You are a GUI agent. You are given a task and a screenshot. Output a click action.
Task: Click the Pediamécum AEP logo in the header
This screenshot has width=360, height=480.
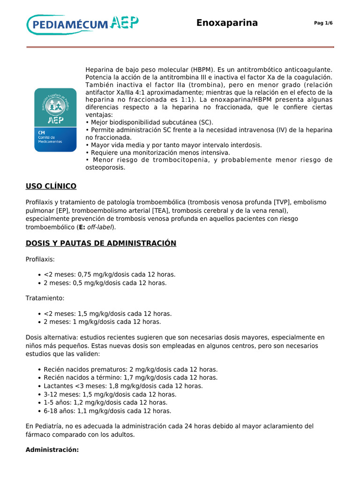coord(82,24)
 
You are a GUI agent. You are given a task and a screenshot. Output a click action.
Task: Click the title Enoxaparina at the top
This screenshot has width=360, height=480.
coord(227,23)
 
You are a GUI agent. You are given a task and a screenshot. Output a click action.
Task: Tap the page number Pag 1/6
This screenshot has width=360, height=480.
coord(323,23)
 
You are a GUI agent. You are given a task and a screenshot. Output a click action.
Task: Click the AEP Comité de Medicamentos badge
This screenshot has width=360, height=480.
coord(55,120)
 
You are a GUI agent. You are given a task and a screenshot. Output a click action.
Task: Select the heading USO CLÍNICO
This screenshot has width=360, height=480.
coord(51,187)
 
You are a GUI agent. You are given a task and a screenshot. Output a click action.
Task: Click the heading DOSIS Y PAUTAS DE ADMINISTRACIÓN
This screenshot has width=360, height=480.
coord(101,243)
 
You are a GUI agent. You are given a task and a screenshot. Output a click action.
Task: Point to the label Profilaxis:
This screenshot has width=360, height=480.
coord(40,259)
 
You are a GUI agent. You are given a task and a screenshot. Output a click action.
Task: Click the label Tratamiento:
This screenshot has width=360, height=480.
coord(45,298)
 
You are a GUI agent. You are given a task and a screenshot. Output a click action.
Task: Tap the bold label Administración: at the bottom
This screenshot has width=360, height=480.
coord(52,450)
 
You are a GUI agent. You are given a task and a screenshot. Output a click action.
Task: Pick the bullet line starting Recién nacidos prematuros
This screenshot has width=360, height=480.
coord(130,369)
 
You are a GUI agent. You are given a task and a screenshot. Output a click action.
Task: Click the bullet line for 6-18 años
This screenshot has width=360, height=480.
coord(107,411)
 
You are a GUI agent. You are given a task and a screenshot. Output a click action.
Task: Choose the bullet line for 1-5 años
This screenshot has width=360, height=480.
coord(105,403)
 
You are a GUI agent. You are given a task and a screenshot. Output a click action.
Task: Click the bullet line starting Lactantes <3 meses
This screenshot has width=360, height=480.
coord(123,386)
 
